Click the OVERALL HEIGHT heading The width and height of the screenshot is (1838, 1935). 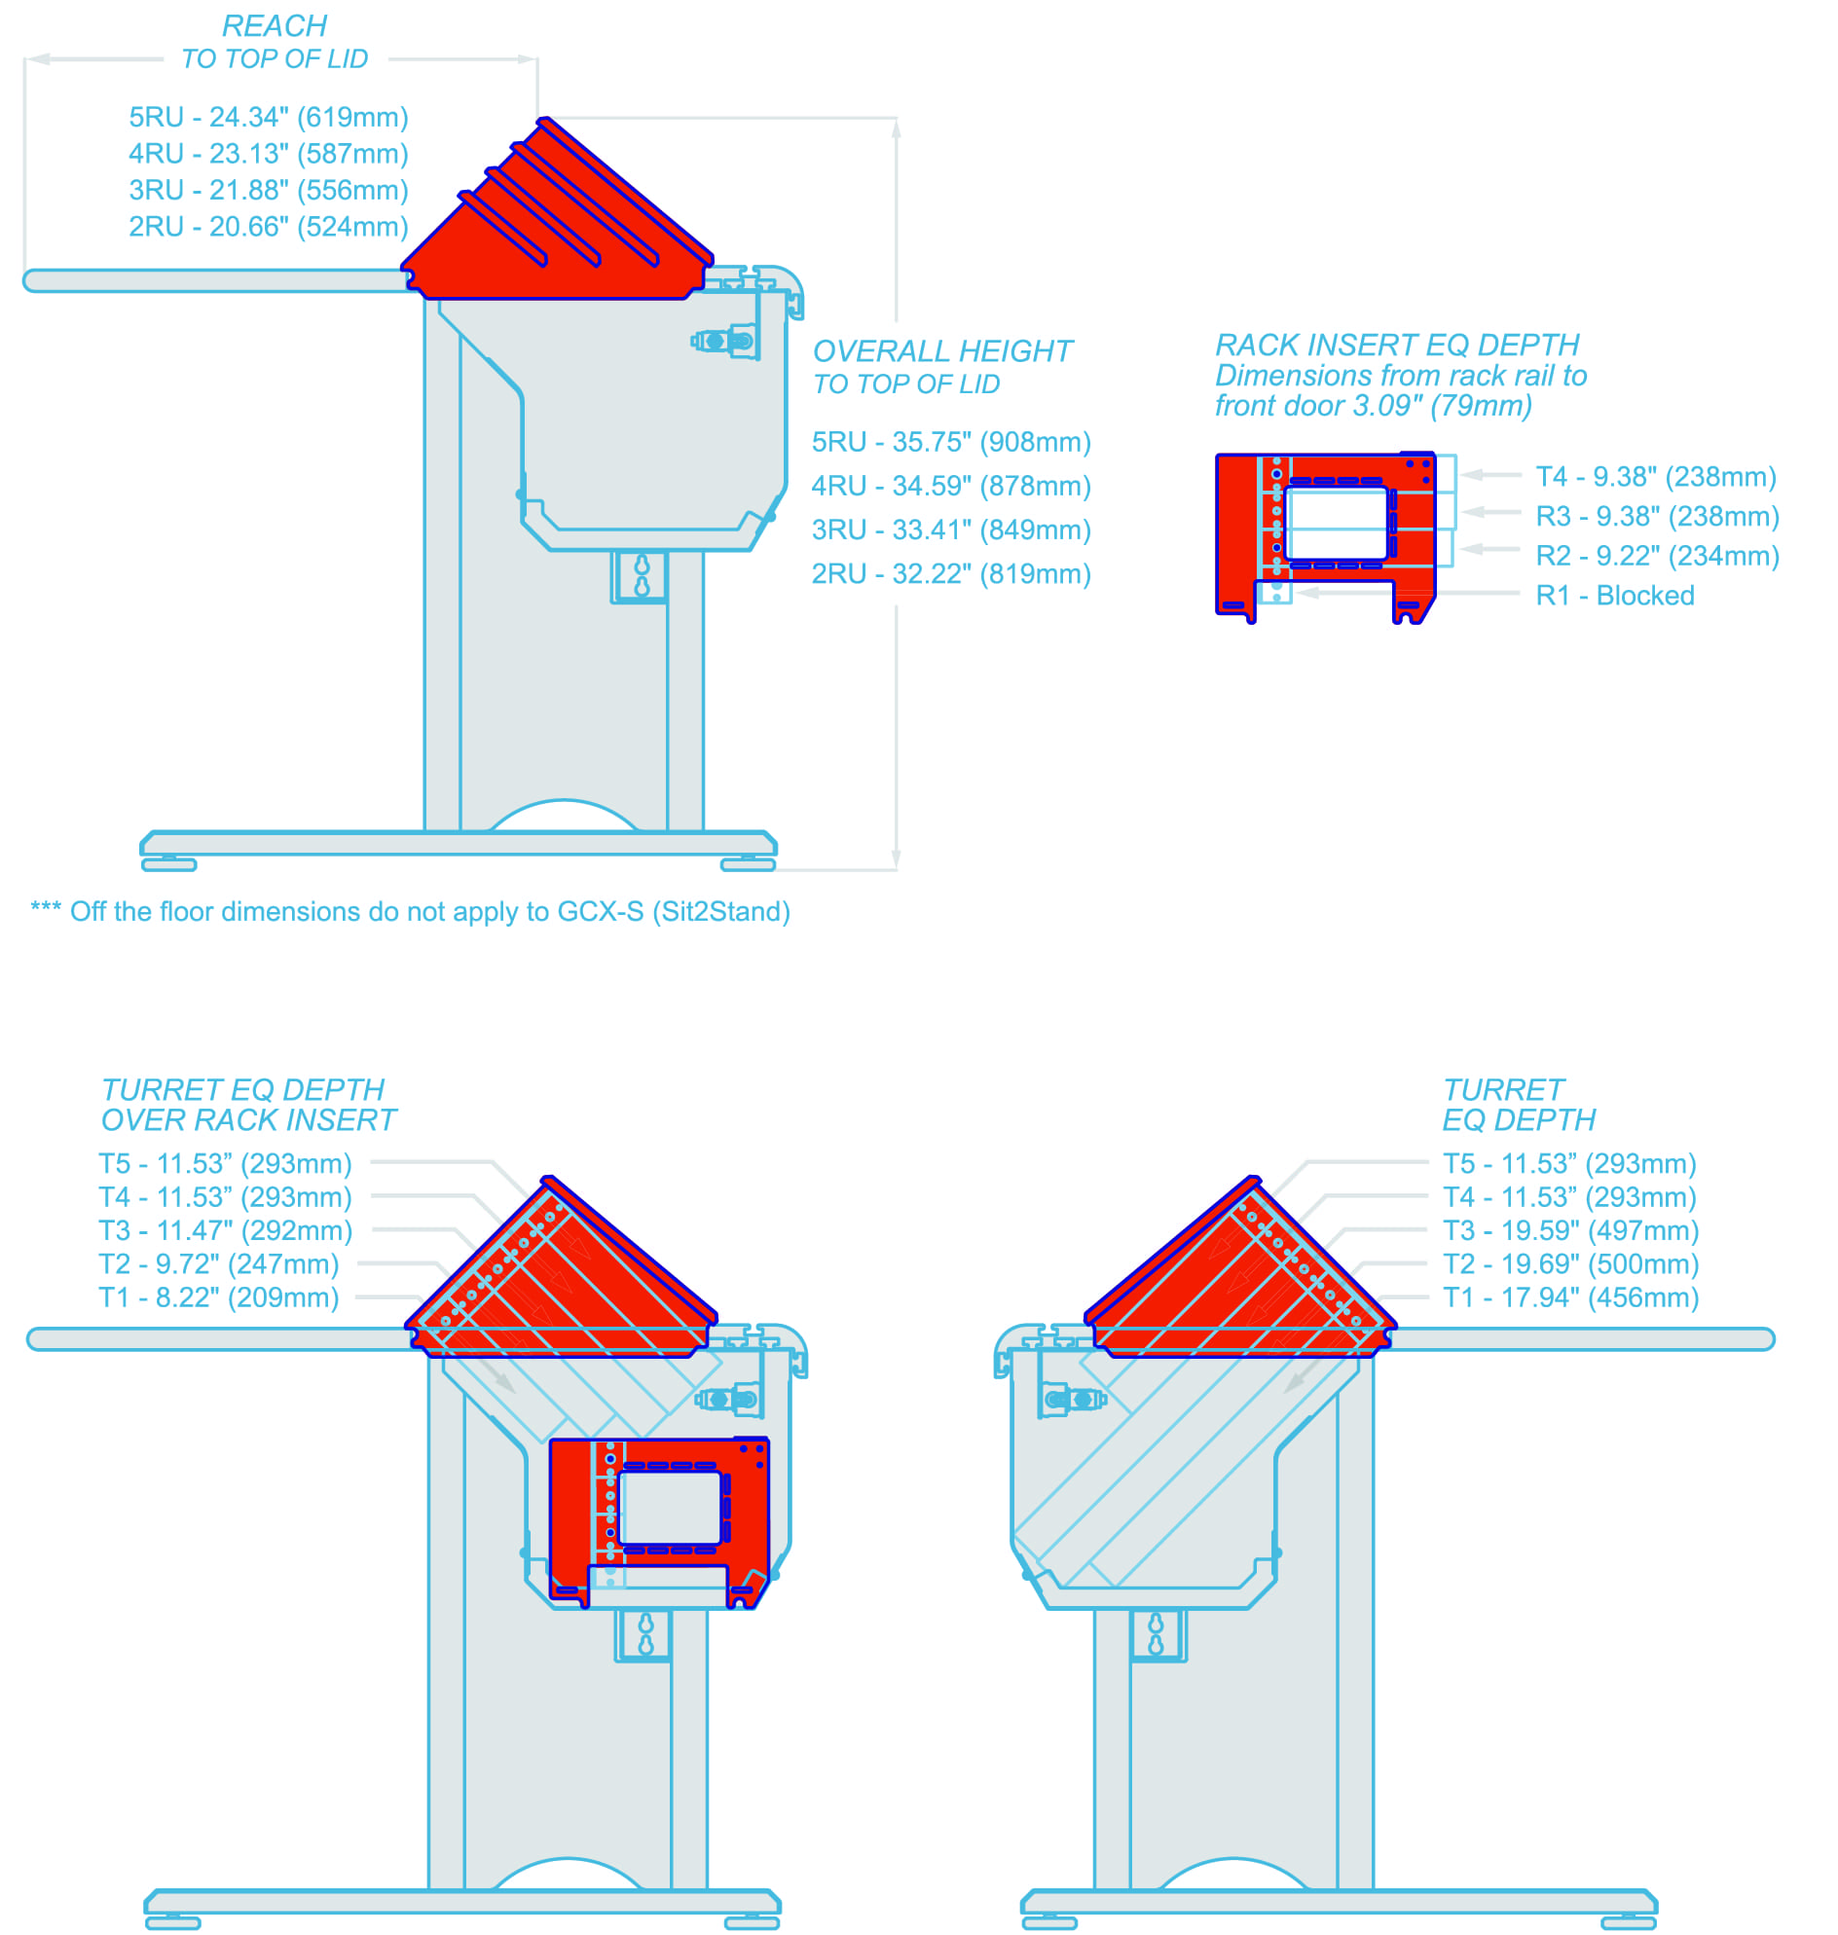(943, 351)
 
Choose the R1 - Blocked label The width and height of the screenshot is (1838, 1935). (1616, 597)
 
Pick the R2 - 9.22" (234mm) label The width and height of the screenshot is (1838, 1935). (1658, 557)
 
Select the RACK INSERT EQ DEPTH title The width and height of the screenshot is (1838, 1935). (1397, 346)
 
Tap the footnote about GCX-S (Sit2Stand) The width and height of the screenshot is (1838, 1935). (411, 913)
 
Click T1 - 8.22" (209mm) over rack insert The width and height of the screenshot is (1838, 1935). (218, 1299)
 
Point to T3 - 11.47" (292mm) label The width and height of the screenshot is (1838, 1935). (225, 1232)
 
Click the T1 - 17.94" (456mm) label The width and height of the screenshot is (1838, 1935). (1570, 1299)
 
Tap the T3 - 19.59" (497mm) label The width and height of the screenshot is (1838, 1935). (1570, 1232)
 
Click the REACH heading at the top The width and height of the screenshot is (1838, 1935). (275, 26)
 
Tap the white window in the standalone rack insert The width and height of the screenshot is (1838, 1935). (1339, 525)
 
